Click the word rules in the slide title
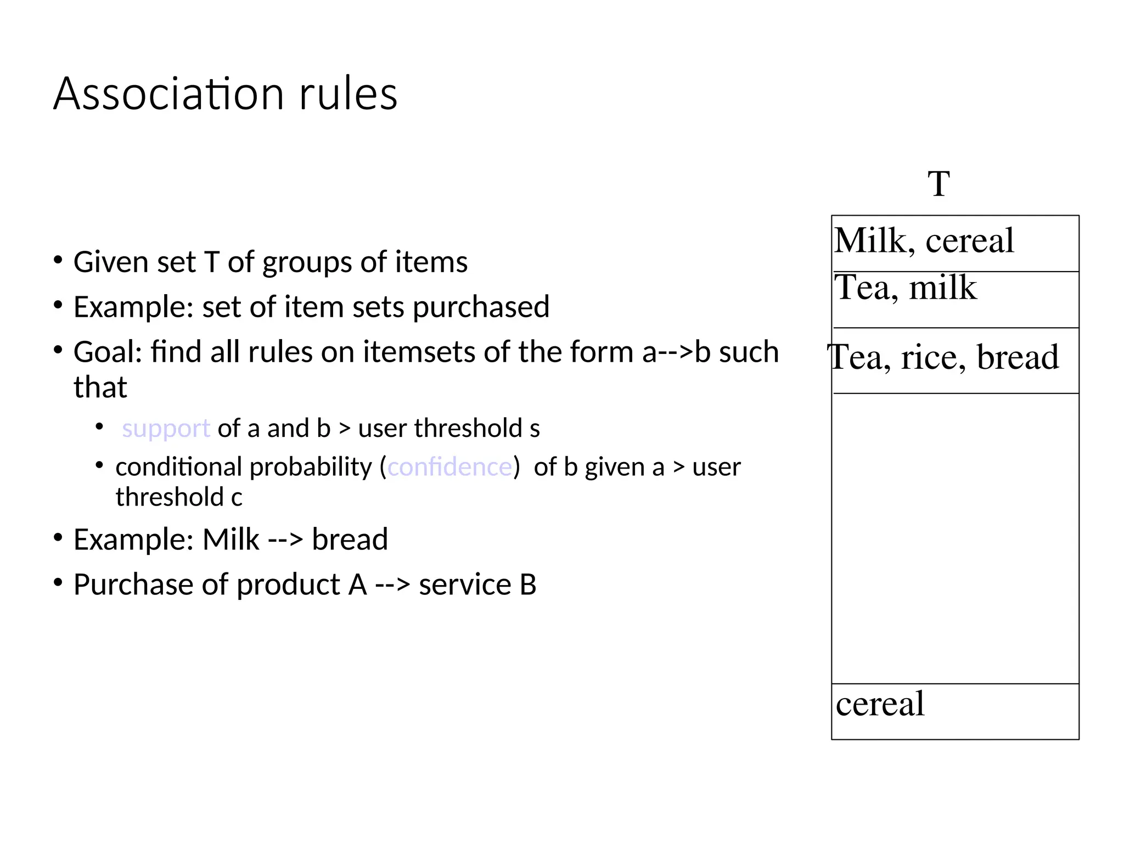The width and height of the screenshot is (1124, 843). click(348, 94)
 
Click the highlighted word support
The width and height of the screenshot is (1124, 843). click(166, 429)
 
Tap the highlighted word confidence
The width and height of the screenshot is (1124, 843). click(449, 467)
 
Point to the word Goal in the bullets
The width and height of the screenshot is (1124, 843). click(104, 352)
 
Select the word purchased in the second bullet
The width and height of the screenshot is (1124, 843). click(481, 307)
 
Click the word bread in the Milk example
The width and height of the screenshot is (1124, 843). click(350, 539)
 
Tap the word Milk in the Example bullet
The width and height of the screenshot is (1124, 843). click(231, 539)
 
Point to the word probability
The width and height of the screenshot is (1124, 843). click(311, 467)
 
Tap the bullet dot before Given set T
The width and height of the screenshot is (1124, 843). click(58, 260)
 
